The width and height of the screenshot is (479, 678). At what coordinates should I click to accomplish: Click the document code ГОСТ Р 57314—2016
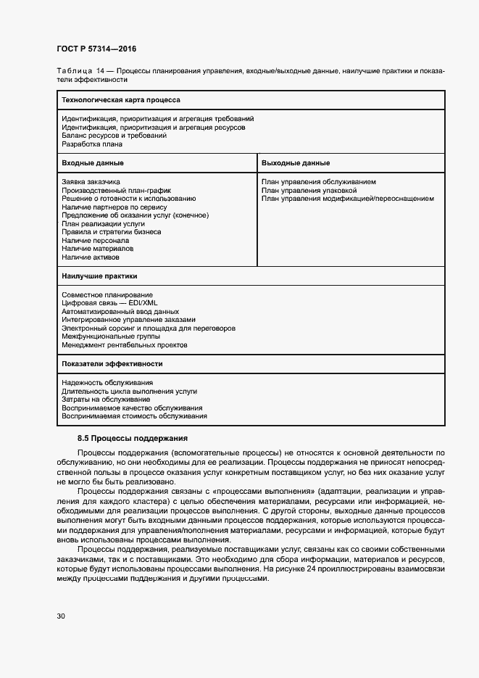[96, 49]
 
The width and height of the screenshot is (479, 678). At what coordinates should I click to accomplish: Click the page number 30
[61, 616]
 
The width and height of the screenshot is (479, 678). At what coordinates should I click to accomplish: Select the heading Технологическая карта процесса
[120, 99]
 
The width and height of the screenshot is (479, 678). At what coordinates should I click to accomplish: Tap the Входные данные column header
[92, 163]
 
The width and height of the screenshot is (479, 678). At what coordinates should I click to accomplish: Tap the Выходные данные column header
[296, 163]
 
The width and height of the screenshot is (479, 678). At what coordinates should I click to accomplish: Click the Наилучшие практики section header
[99, 276]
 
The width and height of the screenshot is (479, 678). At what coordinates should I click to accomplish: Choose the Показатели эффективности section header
[112, 363]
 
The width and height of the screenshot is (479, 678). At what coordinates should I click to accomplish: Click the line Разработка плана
[92, 144]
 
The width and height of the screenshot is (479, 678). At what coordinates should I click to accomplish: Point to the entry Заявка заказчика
[91, 181]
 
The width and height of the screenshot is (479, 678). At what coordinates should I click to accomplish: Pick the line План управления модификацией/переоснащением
[347, 198]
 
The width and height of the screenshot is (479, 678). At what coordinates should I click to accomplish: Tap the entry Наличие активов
[91, 257]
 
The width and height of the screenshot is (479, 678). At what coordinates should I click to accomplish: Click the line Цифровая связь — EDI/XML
[109, 303]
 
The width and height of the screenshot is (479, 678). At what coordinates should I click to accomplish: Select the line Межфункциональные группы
[111, 336]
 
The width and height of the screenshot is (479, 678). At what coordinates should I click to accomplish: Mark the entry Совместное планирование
[107, 294]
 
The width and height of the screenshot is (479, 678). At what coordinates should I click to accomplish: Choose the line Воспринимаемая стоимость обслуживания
[134, 416]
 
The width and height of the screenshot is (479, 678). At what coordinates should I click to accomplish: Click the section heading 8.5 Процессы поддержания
[133, 438]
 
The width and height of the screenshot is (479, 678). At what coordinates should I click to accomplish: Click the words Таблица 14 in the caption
[80, 71]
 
